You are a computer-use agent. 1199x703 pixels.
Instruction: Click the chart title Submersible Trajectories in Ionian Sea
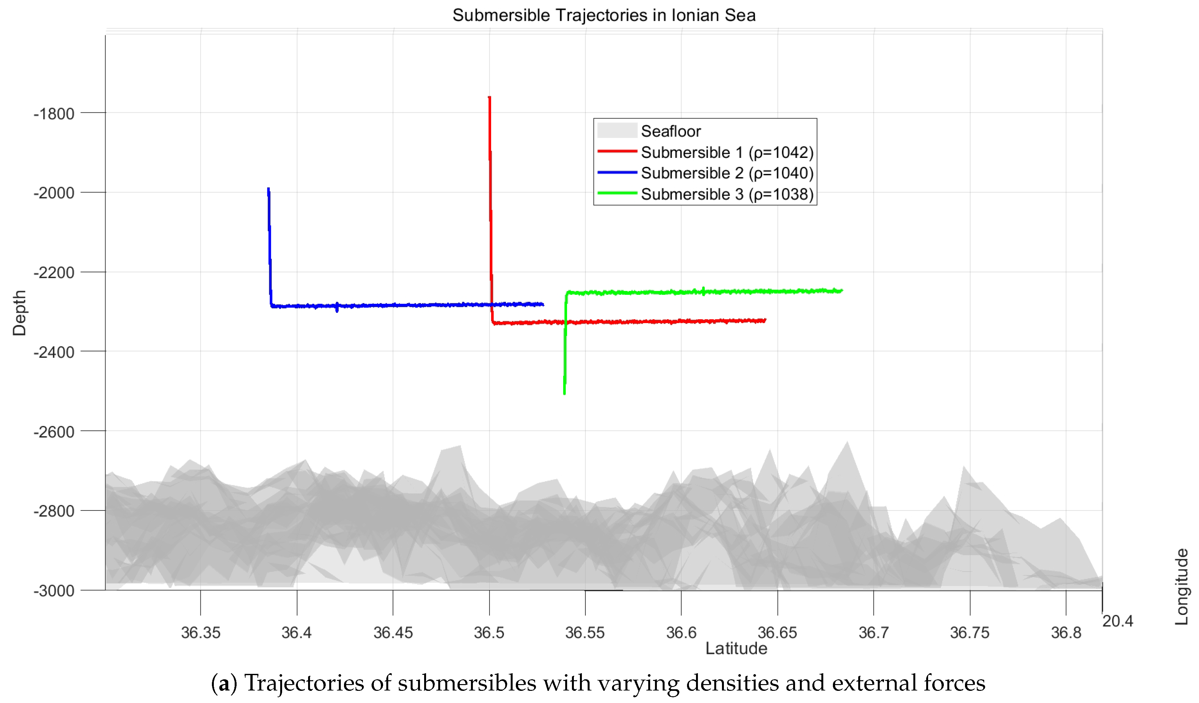(603, 15)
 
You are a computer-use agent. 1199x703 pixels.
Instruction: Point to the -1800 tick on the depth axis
(54, 114)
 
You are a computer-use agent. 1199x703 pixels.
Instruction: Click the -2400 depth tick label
(54, 353)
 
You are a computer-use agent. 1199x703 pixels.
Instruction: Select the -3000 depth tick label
(54, 591)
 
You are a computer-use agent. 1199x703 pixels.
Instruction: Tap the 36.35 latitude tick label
(200, 633)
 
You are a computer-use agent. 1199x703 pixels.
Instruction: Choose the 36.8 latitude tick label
(1066, 633)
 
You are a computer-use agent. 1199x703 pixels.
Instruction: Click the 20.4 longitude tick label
(1118, 621)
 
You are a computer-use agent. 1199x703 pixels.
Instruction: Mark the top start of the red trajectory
(489, 97)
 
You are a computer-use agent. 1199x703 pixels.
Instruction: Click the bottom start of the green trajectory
(564, 393)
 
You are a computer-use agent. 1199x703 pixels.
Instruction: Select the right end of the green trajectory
(841, 290)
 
